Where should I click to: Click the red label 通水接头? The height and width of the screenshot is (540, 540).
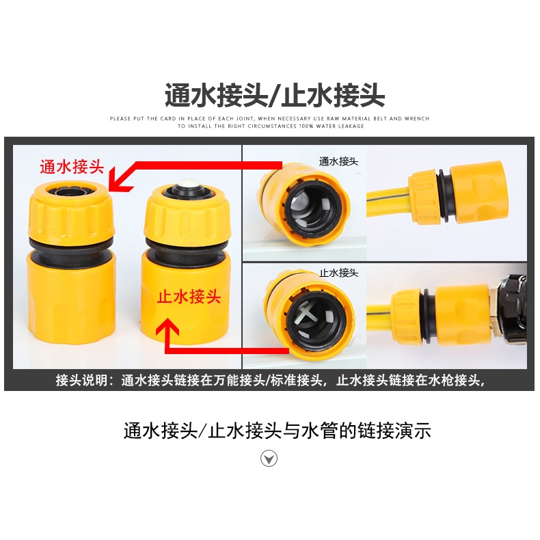(72, 167)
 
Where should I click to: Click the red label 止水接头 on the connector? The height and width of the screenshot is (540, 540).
(189, 297)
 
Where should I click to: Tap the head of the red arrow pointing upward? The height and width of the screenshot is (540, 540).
(167, 327)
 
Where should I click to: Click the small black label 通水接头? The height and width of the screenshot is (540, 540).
(338, 161)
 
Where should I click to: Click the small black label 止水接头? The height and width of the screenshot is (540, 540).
(338, 273)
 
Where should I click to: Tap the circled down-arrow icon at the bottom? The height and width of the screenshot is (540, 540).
(269, 459)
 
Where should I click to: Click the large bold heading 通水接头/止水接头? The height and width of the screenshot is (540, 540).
(275, 96)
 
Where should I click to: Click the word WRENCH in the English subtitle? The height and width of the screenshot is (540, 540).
(417, 118)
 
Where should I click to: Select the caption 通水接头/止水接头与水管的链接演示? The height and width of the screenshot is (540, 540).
(278, 430)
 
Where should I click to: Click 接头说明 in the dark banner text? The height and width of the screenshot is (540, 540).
(82, 380)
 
